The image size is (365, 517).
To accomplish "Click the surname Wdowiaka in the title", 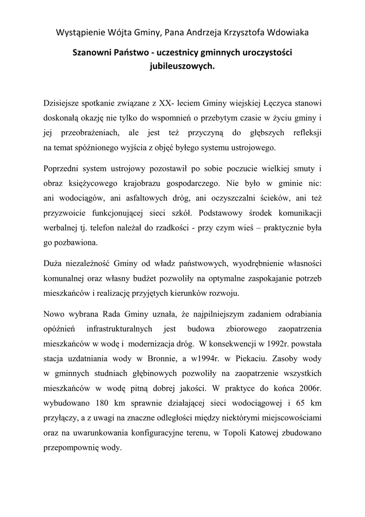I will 287,33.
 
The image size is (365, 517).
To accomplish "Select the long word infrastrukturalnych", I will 119,329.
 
